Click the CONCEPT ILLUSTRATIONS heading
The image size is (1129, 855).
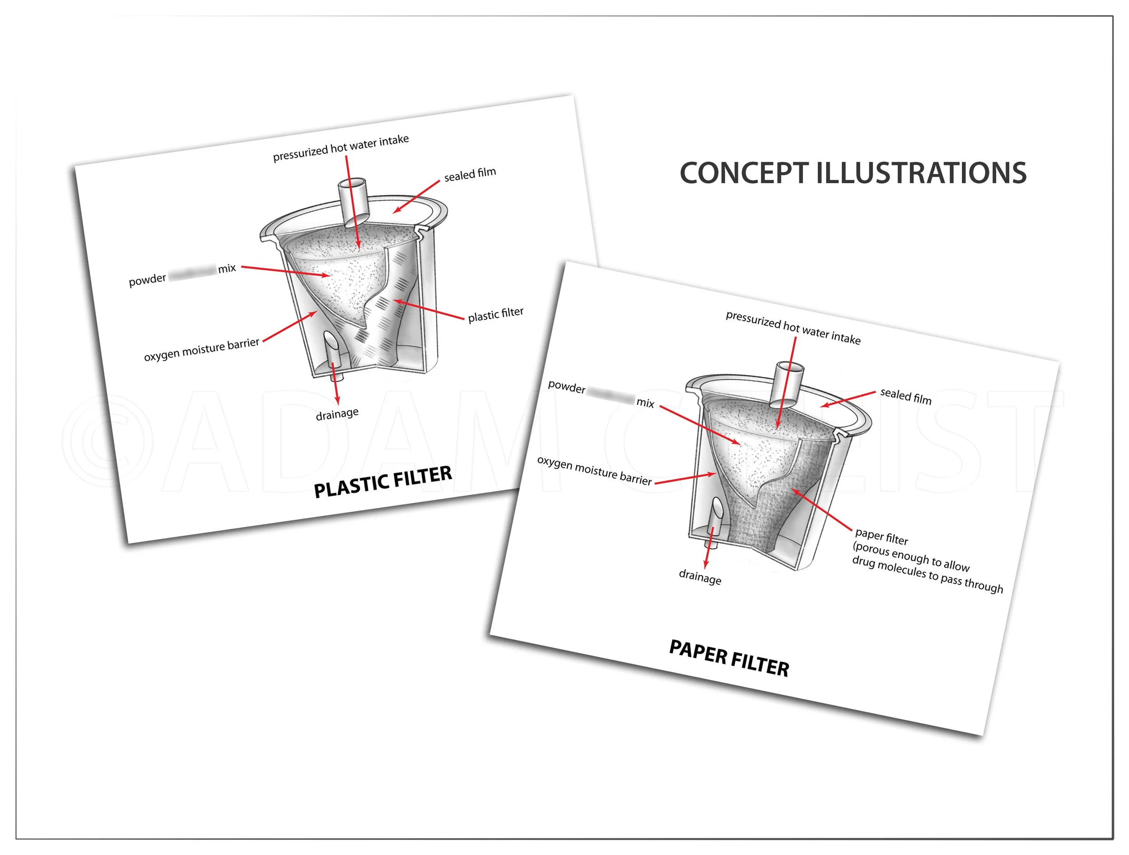pyautogui.click(x=853, y=173)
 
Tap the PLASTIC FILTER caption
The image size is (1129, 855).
pyautogui.click(x=383, y=482)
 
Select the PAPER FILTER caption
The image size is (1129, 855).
pyautogui.click(x=729, y=658)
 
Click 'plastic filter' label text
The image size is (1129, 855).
pyautogui.click(x=495, y=314)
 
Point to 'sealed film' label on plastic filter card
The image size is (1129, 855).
pyautogui.click(x=470, y=174)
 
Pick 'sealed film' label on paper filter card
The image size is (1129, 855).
pyautogui.click(x=905, y=396)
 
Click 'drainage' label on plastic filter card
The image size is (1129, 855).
pyautogui.click(x=337, y=413)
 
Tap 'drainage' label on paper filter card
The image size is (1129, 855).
pyautogui.click(x=700, y=577)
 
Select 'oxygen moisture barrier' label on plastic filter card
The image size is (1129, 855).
pyautogui.click(x=201, y=349)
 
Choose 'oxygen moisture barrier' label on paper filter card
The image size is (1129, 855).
pyautogui.click(x=594, y=470)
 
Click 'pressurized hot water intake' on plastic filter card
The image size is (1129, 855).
pyautogui.click(x=341, y=148)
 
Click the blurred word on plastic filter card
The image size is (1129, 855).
pyautogui.click(x=192, y=272)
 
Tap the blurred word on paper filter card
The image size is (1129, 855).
pyautogui.click(x=611, y=395)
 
